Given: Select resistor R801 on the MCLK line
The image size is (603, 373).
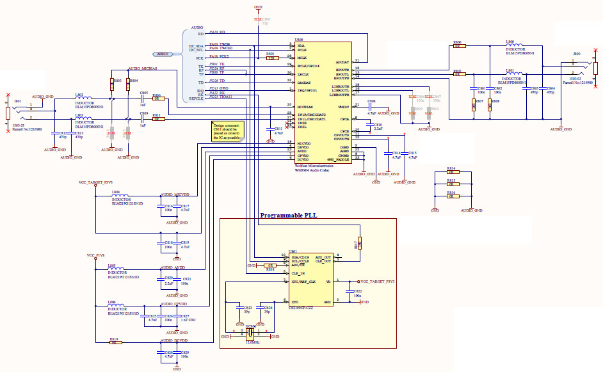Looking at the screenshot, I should [x=271, y=58].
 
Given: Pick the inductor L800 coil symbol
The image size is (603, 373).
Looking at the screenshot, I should [x=515, y=45].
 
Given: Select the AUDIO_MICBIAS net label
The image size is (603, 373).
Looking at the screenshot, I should [x=142, y=68].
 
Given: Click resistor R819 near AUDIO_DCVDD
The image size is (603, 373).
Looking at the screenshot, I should [x=115, y=342].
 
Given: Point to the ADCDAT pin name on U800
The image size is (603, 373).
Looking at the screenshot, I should [x=342, y=61].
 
